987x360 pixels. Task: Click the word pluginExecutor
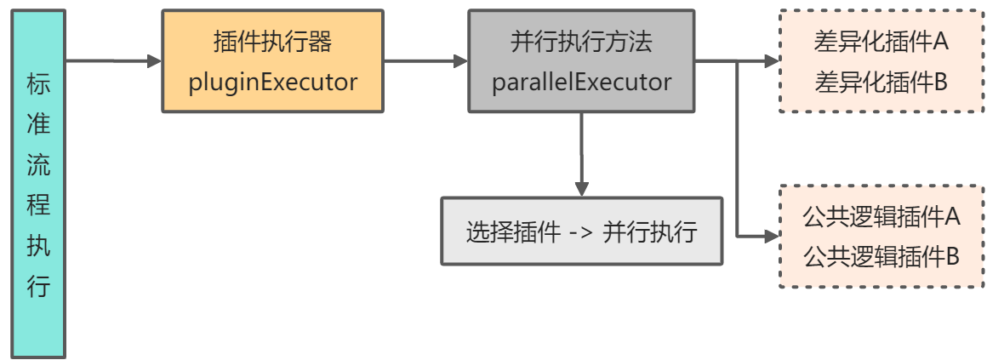[272, 83]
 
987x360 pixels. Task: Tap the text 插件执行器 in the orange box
[272, 41]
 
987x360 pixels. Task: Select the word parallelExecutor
[582, 83]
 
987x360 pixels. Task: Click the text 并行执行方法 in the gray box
[582, 41]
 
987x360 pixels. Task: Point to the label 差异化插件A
[881, 42]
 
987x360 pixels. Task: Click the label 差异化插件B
[881, 83]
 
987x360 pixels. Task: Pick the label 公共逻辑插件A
[881, 215]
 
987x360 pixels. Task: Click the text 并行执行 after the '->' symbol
[650, 232]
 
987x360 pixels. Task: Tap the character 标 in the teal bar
[38, 85]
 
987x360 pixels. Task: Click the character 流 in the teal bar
[38, 165]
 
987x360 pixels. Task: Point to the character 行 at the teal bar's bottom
[38, 286]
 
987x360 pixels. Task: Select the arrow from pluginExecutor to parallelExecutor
[425, 60]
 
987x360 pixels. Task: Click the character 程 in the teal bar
[38, 205]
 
